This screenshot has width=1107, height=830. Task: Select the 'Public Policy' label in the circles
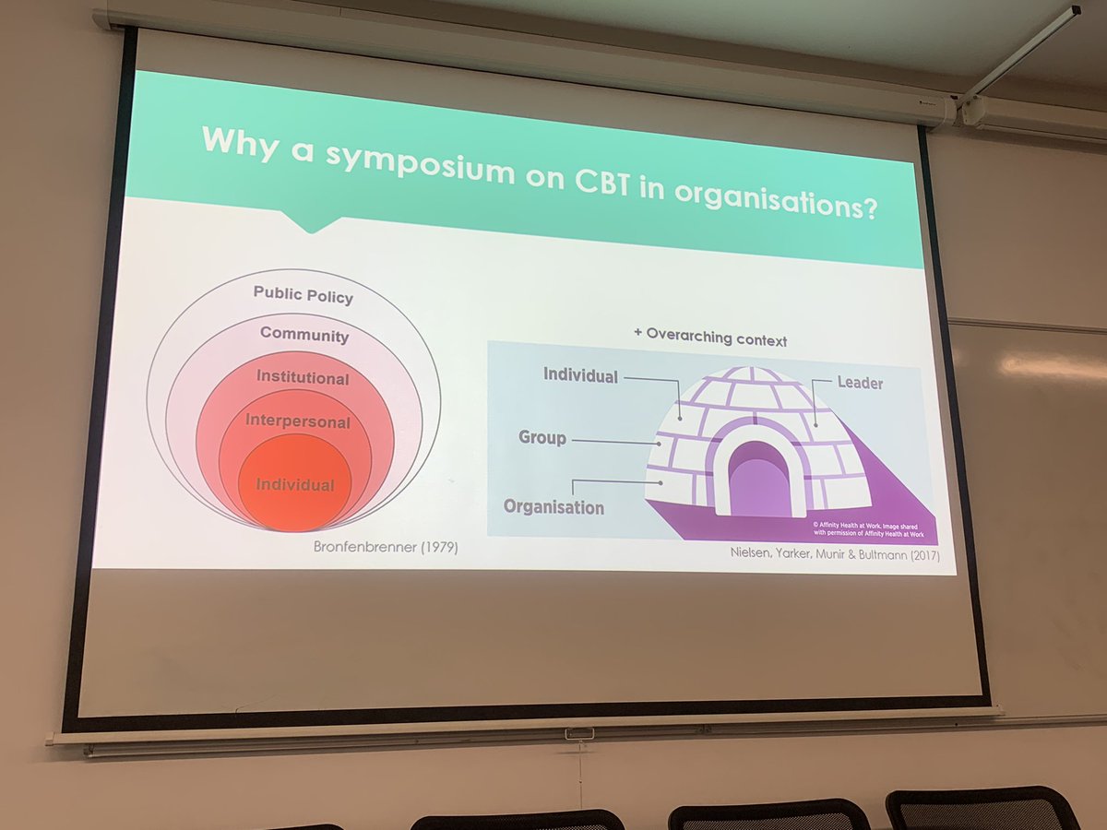point(304,295)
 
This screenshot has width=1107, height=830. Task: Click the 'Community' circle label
point(304,335)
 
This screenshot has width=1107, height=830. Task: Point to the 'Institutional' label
point(303,377)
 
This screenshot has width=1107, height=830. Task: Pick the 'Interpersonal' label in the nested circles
point(298,421)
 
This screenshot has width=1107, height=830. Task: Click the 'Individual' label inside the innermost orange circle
point(295,484)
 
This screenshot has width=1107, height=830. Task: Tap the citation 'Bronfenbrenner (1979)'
point(386,548)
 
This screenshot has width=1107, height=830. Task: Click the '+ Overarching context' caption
point(709,337)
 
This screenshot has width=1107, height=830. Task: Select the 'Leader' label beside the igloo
point(860,382)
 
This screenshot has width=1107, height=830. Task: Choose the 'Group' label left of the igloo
point(542,437)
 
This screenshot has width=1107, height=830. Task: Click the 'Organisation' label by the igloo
point(553,506)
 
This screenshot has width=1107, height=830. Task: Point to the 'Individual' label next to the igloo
point(580,374)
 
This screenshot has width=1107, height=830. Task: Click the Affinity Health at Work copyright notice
point(866,528)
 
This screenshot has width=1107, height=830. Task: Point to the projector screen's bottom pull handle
point(579,733)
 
